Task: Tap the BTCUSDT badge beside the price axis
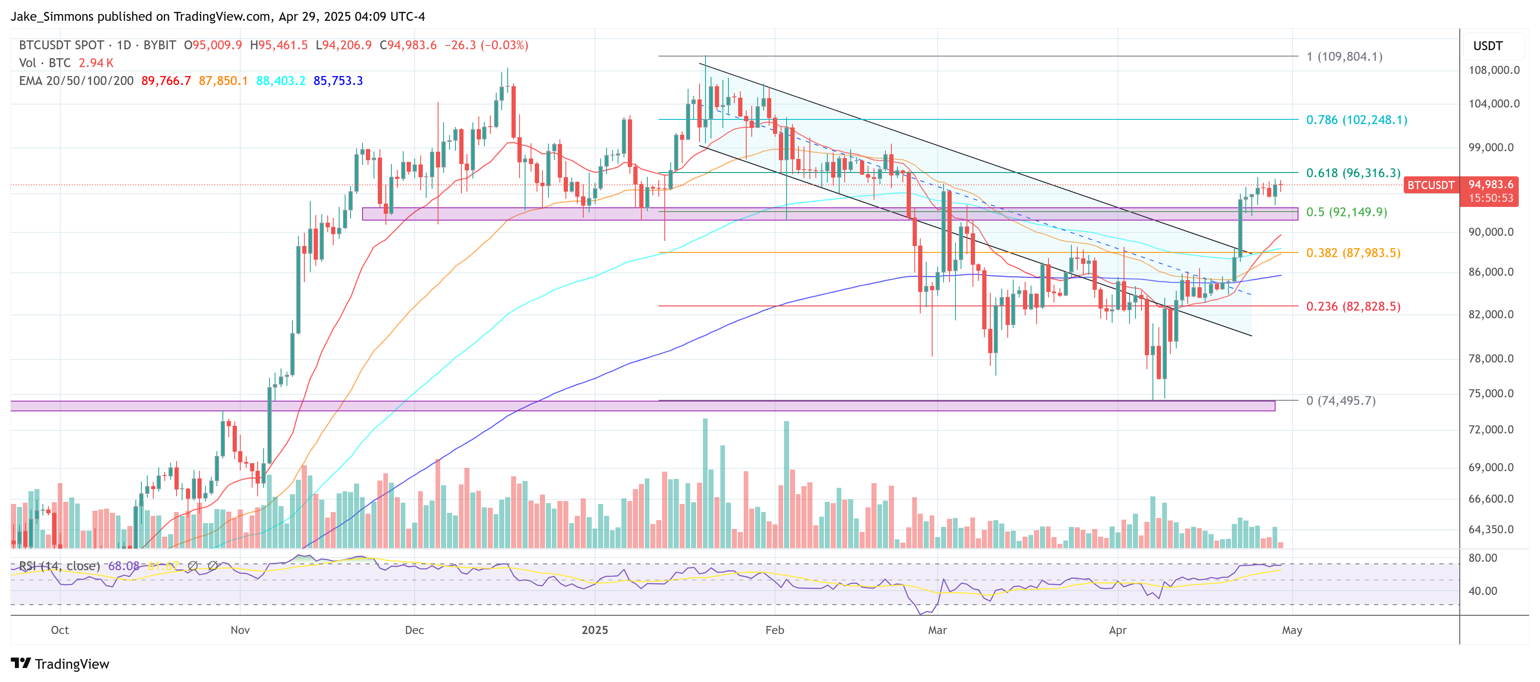point(1430,185)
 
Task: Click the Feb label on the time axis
point(774,630)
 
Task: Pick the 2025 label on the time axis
point(595,630)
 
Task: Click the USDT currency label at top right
point(1487,46)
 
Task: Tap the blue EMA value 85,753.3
point(338,81)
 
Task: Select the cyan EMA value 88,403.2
point(281,81)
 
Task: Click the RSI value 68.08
point(124,566)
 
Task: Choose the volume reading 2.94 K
point(96,63)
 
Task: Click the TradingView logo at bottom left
point(60,664)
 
